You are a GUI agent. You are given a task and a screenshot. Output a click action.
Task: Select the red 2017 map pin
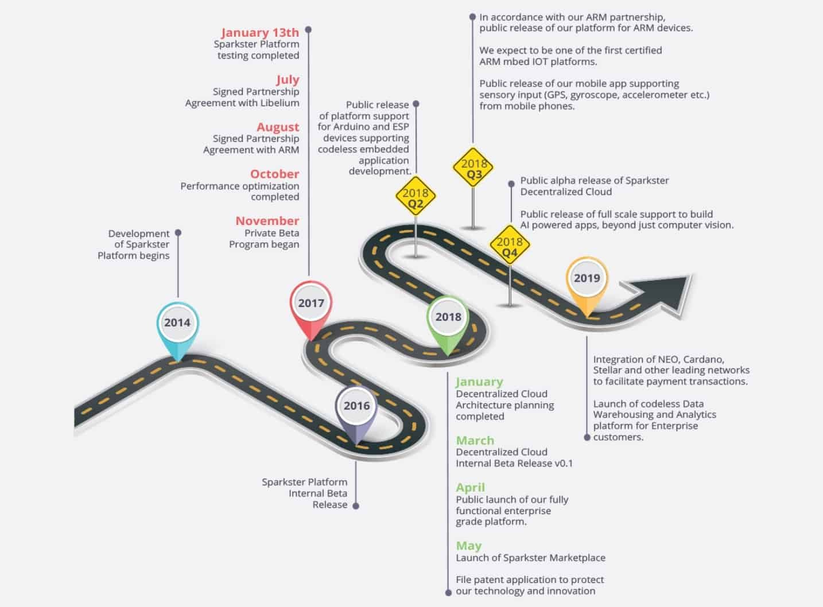pyautogui.click(x=311, y=310)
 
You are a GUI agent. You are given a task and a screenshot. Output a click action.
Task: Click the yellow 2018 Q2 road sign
pyautogui.click(x=416, y=196)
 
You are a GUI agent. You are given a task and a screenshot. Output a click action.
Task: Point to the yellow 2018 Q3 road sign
pyautogui.click(x=473, y=167)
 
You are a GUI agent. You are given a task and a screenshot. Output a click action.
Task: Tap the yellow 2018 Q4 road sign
pyautogui.click(x=510, y=244)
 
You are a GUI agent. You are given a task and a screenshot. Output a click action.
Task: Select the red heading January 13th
pyautogui.click(x=260, y=32)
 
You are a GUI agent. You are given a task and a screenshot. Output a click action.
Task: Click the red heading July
pyautogui.click(x=288, y=79)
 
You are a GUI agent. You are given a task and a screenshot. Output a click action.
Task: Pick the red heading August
pyautogui.click(x=278, y=127)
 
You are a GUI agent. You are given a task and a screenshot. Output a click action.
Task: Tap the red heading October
pyautogui.click(x=274, y=174)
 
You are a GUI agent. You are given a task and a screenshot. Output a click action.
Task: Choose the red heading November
pyautogui.click(x=267, y=221)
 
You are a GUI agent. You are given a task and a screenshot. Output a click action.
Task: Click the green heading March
pyautogui.click(x=475, y=441)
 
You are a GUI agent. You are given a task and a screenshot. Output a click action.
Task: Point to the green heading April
pyautogui.click(x=471, y=488)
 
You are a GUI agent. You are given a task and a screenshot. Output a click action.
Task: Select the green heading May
pyautogui.click(x=469, y=546)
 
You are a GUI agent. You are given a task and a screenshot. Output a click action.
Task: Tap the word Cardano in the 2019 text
pyautogui.click(x=704, y=360)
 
